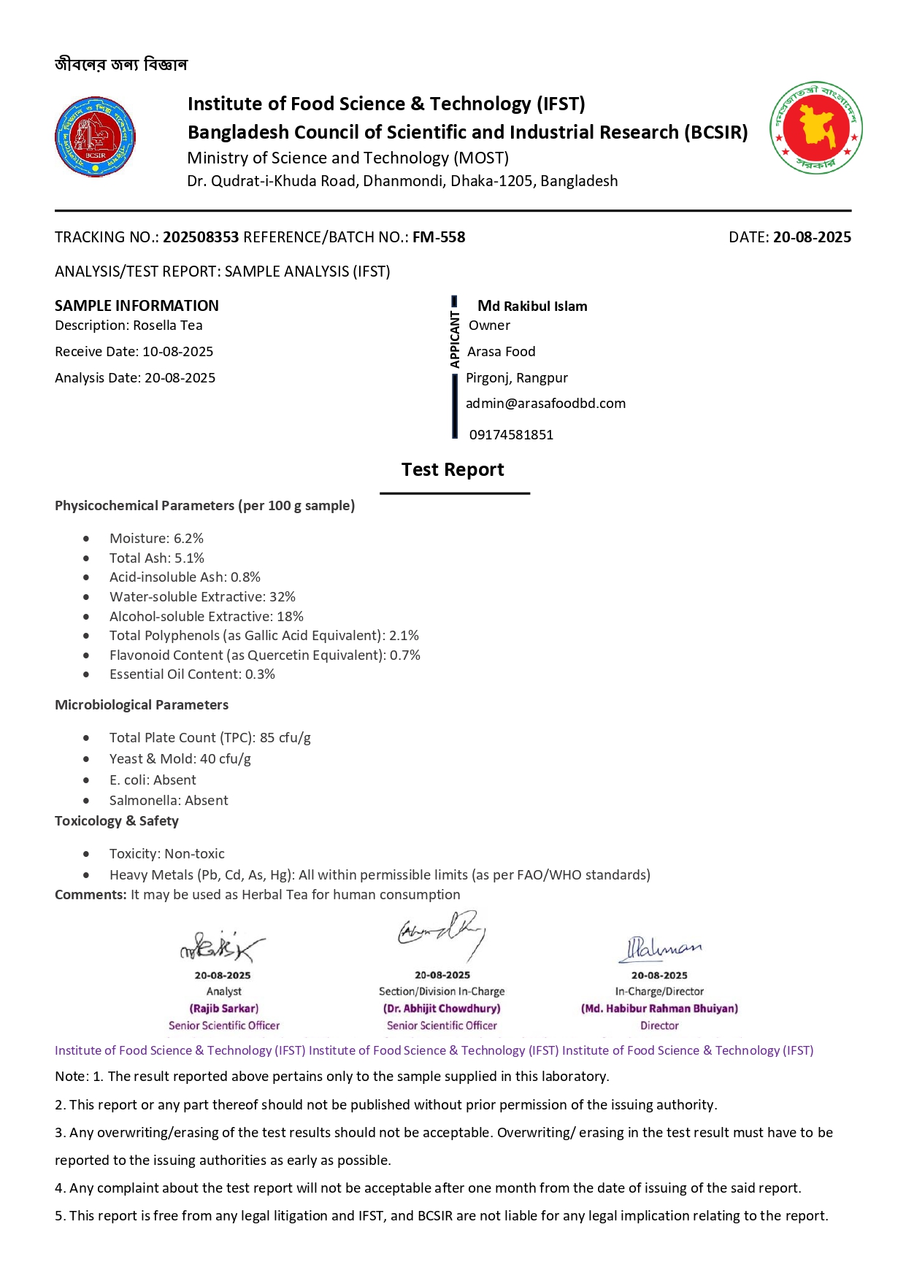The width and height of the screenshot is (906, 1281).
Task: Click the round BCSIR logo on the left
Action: [x=96, y=136]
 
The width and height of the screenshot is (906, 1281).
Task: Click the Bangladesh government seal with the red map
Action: [x=815, y=128]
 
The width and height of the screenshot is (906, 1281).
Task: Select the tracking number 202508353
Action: [x=201, y=237]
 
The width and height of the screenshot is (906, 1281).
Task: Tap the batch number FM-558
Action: [x=439, y=237]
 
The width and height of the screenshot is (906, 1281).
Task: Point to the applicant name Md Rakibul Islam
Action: [x=532, y=306]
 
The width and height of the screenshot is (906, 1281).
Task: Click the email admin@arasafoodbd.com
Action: [x=545, y=404]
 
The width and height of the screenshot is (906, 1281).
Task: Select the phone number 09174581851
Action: [x=511, y=435]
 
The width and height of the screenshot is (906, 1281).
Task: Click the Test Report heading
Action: [x=453, y=469]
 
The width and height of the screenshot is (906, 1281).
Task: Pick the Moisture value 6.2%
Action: [x=188, y=539]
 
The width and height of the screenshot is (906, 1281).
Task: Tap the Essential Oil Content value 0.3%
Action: [x=260, y=674]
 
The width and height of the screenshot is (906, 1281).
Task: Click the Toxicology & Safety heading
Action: [x=117, y=821]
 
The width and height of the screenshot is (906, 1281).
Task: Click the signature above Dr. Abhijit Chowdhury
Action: [x=442, y=934]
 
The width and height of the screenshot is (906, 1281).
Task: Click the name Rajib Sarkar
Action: [x=224, y=1009]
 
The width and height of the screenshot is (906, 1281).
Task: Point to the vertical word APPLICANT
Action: [x=455, y=339]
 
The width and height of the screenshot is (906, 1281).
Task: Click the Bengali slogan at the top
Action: [x=121, y=65]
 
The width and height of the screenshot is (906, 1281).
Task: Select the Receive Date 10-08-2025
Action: [x=177, y=352]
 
